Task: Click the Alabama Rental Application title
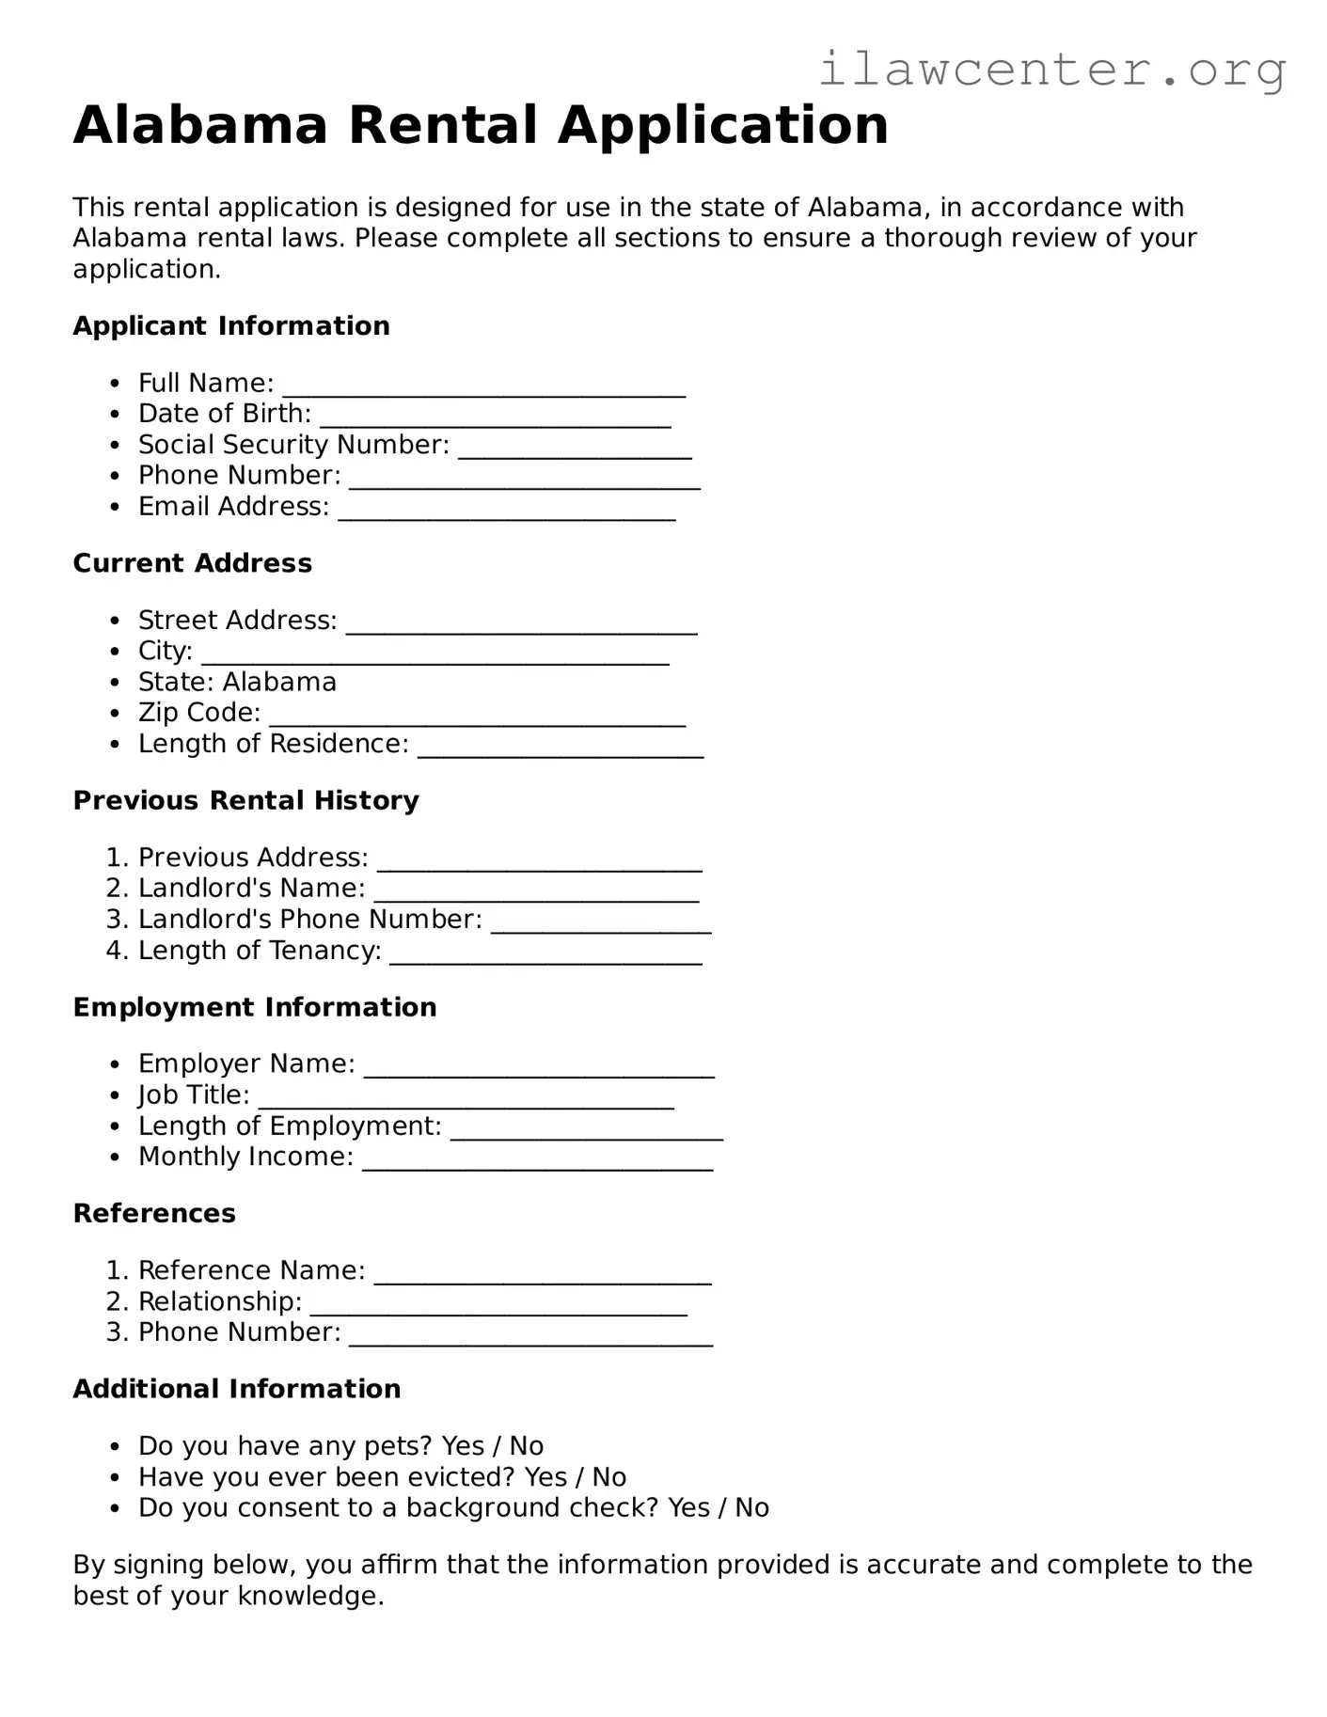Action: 481,125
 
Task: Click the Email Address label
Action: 233,507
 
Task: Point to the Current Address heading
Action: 192,563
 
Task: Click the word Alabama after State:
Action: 279,682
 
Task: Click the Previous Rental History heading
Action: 245,800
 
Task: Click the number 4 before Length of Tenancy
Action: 115,951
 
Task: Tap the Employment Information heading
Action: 254,1007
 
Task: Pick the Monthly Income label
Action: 245,1157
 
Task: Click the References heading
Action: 154,1213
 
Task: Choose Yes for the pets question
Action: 463,1446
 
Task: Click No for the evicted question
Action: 609,1477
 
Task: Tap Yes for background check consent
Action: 688,1508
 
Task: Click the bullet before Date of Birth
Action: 115,415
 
